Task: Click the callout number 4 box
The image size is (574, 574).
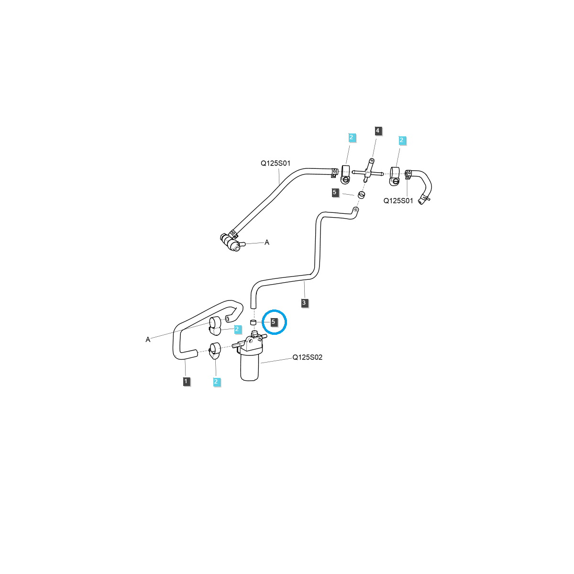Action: coord(378,131)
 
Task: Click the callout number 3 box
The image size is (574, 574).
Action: coord(304,302)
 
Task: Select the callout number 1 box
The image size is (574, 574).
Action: coord(187,381)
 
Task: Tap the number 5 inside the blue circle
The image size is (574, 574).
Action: coord(273,322)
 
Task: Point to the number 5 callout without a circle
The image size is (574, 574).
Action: coord(335,192)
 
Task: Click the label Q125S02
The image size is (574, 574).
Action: coord(307,357)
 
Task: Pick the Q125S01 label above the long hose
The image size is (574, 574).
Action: coord(275,163)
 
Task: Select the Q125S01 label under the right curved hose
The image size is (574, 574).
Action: coord(398,201)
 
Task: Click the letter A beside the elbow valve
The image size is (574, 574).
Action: coord(267,243)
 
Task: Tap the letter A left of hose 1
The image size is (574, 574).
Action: coord(148,340)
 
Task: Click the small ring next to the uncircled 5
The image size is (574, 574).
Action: coord(362,195)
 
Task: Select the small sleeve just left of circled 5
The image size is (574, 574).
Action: coord(254,322)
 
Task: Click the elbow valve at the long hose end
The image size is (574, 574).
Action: coord(232,243)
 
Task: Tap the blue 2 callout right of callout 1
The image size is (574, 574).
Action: coord(216,381)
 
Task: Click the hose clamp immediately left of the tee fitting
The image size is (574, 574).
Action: coord(345,174)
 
